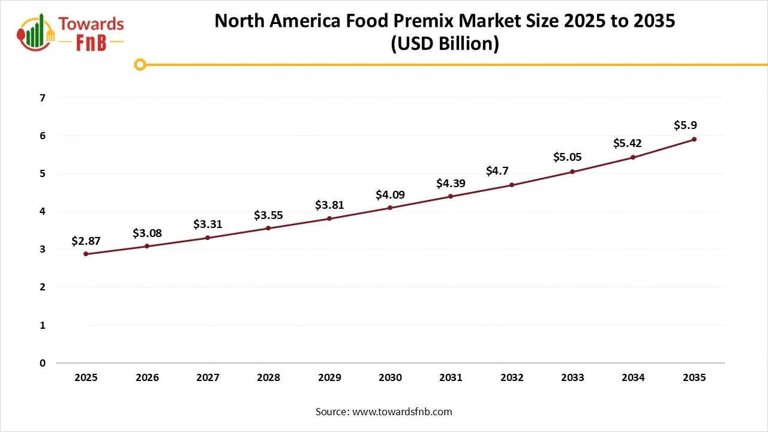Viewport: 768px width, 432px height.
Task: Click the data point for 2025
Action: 86,254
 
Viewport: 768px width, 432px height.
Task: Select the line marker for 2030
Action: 390,208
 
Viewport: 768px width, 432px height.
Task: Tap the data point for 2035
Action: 694,139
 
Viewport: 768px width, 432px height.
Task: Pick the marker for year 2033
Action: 572,172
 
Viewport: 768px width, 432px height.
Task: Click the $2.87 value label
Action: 86,241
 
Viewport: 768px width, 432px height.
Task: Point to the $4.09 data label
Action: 390,194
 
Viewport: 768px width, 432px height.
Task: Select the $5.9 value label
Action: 685,125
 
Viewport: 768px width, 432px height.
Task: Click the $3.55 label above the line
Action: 268,215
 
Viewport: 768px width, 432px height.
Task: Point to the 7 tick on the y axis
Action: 42,98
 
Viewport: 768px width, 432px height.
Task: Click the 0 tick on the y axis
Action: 42,363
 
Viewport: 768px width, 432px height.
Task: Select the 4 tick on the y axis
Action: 42,211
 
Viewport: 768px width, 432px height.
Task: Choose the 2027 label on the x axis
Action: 208,377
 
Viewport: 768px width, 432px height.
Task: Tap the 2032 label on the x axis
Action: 512,377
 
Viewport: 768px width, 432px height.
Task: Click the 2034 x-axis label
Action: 633,377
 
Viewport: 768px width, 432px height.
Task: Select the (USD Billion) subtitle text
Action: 445,44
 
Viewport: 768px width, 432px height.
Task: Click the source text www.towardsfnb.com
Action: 401,412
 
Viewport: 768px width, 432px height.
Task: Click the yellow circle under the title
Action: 140,64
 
